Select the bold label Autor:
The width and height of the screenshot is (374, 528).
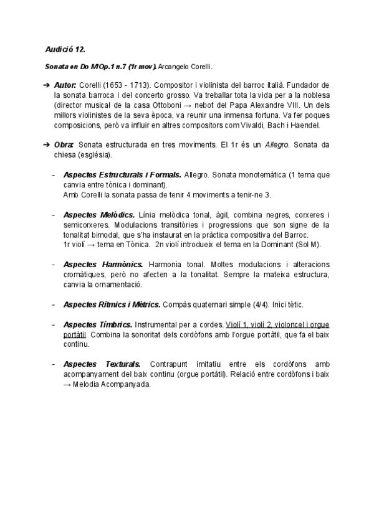coord(65,85)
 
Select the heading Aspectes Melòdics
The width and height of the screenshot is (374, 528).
coord(98,215)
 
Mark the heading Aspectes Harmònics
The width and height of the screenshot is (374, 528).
coord(103,265)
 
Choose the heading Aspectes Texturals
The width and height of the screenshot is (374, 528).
coord(102,364)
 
